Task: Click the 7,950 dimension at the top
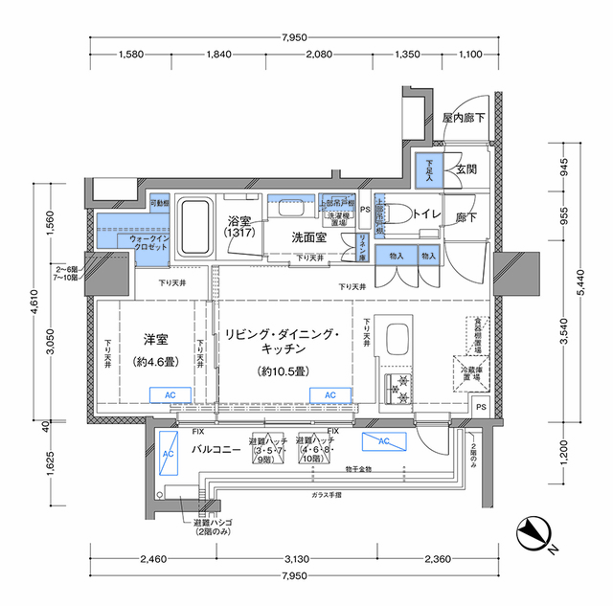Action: [294, 37]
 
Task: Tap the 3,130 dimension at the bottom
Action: [294, 560]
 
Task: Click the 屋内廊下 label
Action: [464, 119]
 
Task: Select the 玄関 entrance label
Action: [466, 168]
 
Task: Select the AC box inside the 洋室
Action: [164, 394]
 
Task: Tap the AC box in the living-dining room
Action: [329, 394]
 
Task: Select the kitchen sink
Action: [397, 340]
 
